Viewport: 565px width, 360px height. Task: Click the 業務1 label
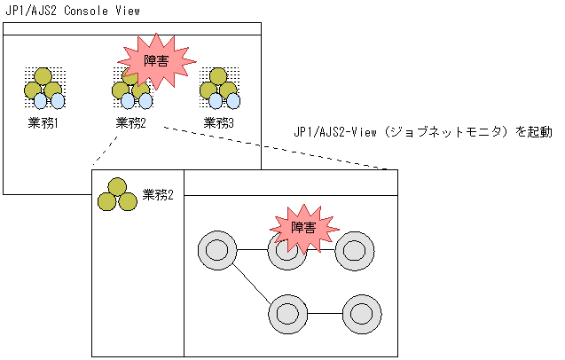43,122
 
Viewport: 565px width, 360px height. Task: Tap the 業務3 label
219,122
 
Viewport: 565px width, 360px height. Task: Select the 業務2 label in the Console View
131,122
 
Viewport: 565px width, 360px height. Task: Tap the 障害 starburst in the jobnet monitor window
302,229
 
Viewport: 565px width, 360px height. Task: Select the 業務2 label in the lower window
158,195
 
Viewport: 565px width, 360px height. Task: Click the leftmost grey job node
216,250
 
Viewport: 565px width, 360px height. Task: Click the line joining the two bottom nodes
324,313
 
